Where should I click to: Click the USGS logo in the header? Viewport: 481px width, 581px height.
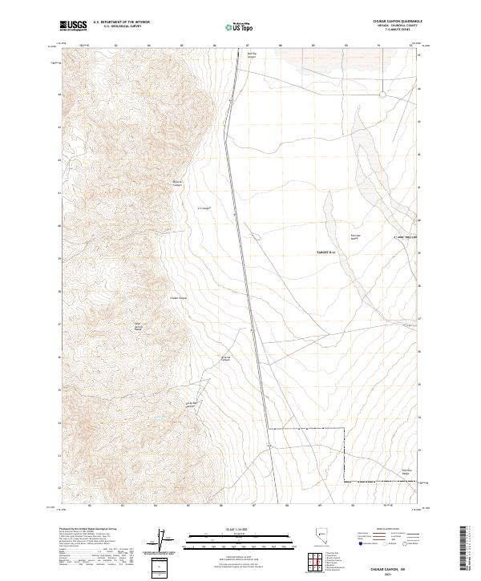coord(75,26)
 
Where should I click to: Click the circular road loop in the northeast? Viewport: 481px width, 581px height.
coord(383,95)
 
